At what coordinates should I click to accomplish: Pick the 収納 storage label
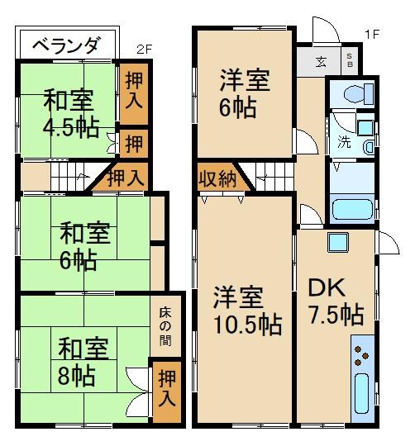tap(217, 178)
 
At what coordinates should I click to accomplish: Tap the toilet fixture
tap(351, 93)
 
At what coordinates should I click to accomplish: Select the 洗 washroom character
tap(342, 141)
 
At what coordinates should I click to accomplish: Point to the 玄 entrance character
tap(320, 60)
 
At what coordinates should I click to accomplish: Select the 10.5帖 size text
tap(246, 323)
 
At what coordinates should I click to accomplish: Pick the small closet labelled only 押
tap(132, 141)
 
